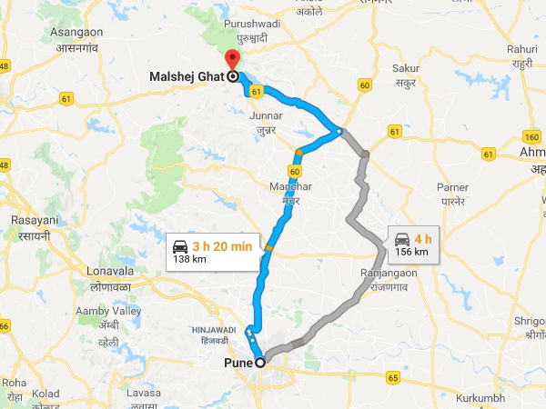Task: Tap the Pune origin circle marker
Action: tap(261, 362)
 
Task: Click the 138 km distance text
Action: tap(189, 260)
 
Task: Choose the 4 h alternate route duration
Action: tap(421, 238)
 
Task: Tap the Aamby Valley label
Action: tap(109, 311)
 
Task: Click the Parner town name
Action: tap(451, 187)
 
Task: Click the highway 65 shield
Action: tap(393, 376)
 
